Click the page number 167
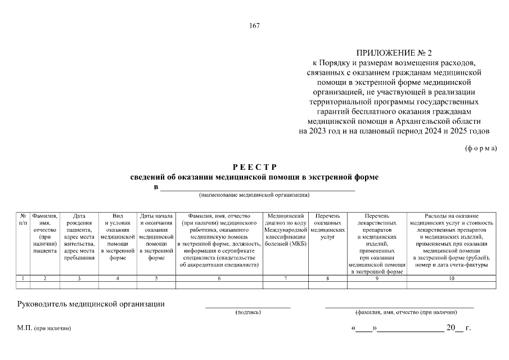(254, 25)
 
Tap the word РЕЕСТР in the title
(254, 167)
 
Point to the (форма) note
(481, 148)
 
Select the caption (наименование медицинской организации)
(254, 196)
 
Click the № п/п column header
(23, 219)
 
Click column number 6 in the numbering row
(219, 278)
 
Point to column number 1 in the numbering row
(23, 278)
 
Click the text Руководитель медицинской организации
(91, 304)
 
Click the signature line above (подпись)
(247, 307)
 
